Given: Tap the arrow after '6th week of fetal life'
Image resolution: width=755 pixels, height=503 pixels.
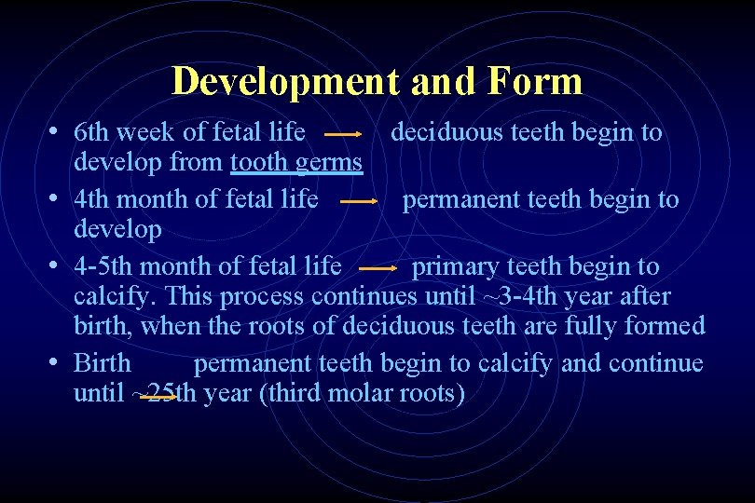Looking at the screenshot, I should click(x=343, y=134).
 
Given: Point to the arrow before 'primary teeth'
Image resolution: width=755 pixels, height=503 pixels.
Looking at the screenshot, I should click(x=377, y=268).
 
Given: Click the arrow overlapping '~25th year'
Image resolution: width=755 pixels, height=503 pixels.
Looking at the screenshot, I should click(x=154, y=395).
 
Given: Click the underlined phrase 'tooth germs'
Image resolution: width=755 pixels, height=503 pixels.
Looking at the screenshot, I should click(x=296, y=162).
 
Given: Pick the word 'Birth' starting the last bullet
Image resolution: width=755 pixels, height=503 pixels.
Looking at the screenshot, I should click(x=102, y=362).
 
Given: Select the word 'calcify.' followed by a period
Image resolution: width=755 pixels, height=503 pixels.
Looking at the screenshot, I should click(x=116, y=296).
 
